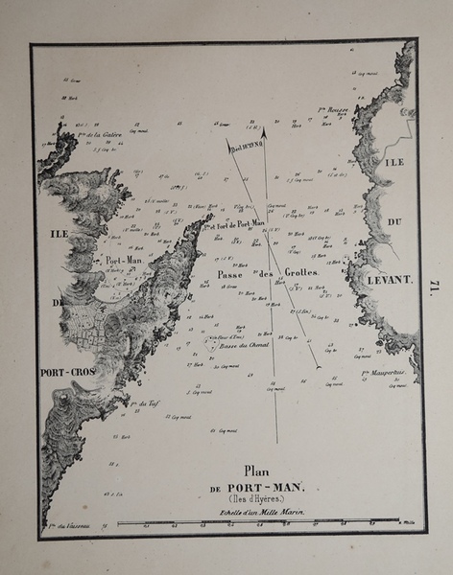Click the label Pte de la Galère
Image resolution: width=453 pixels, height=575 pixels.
[95, 136]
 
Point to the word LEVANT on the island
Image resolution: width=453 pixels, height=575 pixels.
[388, 280]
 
